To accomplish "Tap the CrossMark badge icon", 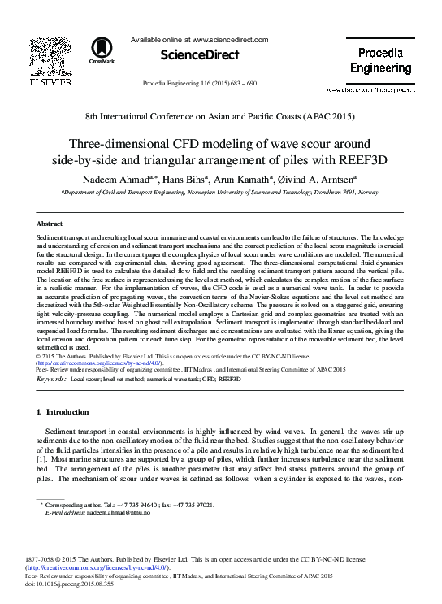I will (x=102, y=50).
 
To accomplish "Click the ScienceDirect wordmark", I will (x=201, y=54).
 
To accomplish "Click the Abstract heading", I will (x=50, y=223).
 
